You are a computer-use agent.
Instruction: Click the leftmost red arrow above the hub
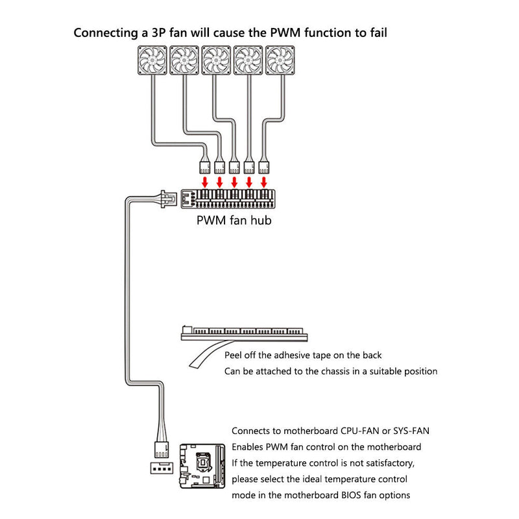(204, 180)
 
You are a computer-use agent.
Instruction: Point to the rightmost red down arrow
(264, 180)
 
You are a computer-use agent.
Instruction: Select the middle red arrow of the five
(234, 180)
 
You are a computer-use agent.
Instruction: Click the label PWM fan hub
(234, 220)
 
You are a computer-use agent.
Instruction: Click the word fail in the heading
(376, 32)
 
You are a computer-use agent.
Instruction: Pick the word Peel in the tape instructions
(234, 356)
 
